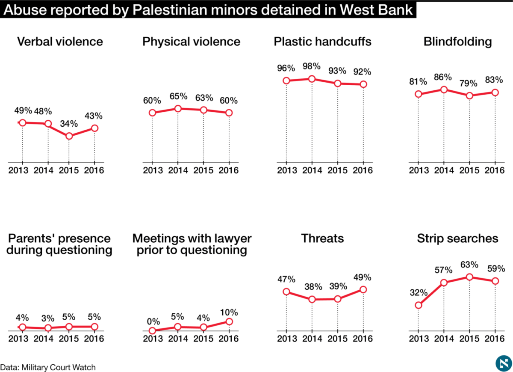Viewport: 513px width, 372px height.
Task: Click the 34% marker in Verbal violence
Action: [69, 136]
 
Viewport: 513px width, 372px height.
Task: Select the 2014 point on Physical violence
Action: [178, 109]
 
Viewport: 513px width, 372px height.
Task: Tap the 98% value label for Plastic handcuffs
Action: [312, 66]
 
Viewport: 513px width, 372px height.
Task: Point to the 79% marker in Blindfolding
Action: [469, 95]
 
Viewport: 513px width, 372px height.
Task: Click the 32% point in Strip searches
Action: [419, 305]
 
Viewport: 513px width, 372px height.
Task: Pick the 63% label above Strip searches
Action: [469, 265]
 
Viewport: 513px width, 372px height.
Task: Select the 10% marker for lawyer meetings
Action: [229, 322]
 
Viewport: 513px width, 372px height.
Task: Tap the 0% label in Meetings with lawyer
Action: [153, 321]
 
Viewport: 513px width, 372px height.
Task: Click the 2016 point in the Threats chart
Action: [363, 290]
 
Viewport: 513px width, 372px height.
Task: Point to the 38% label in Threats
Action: [313, 287]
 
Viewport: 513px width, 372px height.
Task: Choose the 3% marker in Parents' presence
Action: [48, 328]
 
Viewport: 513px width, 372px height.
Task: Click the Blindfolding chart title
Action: [457, 42]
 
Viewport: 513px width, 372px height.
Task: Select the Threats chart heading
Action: [322, 238]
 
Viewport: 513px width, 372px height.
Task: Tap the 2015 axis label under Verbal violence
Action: [69, 170]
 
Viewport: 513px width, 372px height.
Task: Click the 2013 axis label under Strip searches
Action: [419, 339]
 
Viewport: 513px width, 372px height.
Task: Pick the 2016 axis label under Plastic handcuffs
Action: [363, 170]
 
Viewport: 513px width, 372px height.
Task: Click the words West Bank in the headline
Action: [376, 10]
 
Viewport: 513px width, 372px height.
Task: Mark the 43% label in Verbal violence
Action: [94, 116]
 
